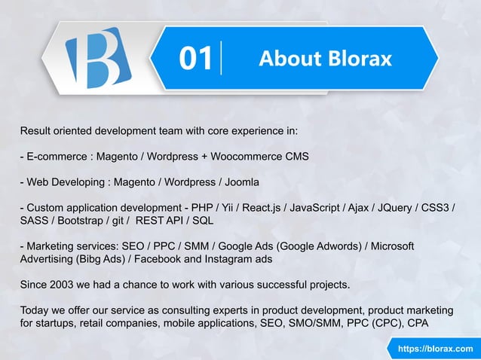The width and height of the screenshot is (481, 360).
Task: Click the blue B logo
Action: tap(97, 59)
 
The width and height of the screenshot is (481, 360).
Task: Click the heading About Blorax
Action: tap(325, 59)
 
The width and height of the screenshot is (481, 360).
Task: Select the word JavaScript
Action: tap(320, 208)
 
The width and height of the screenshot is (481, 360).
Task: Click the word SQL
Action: tap(203, 221)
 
